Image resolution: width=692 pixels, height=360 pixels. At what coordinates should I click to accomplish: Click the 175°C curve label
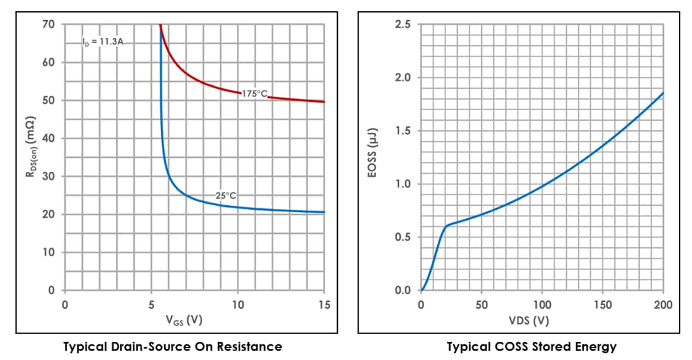pyautogui.click(x=255, y=94)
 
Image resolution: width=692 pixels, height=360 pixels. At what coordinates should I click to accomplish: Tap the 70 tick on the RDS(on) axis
pyautogui.click(x=49, y=25)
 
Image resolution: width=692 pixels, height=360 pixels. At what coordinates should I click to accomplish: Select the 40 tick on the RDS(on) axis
pyautogui.click(x=49, y=138)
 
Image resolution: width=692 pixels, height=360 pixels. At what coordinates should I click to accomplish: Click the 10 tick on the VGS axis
pyautogui.click(x=238, y=305)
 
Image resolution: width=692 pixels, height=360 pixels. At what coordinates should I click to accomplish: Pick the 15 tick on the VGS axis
pyautogui.click(x=324, y=305)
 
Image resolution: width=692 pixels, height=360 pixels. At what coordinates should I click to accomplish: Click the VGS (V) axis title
pyautogui.click(x=184, y=320)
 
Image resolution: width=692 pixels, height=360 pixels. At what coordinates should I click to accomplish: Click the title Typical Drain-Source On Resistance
pyautogui.click(x=173, y=347)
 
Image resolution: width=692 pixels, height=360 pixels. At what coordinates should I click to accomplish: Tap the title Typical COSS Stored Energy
pyautogui.click(x=532, y=347)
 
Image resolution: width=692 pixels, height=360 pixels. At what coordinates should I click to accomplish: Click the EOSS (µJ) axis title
pyautogui.click(x=375, y=157)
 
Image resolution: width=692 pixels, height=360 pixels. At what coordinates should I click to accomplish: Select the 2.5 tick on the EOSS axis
pyautogui.click(x=403, y=25)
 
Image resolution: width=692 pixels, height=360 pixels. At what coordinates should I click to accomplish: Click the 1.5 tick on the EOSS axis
pyautogui.click(x=403, y=131)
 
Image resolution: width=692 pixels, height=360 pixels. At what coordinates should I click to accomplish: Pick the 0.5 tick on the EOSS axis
pyautogui.click(x=403, y=237)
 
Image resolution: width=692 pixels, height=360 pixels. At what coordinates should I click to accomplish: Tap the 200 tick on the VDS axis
pyautogui.click(x=663, y=305)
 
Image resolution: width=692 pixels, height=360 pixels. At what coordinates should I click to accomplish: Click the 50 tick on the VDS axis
pyautogui.click(x=481, y=305)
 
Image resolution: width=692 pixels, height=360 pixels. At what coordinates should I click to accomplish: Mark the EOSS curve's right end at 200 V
pyautogui.click(x=663, y=93)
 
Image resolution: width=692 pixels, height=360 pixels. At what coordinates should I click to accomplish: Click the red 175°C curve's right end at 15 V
pyautogui.click(x=324, y=101)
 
